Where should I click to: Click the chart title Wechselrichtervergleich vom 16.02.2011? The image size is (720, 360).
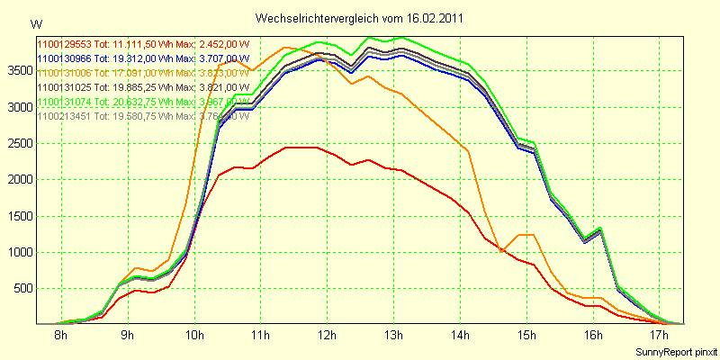(361, 18)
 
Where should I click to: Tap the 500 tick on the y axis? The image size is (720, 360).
(22, 288)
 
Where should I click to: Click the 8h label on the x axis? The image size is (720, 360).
(61, 336)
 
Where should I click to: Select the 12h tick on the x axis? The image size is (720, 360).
(327, 336)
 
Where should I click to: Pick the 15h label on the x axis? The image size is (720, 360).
(526, 336)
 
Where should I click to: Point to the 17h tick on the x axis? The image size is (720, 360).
(660, 336)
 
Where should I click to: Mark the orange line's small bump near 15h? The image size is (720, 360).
(526, 235)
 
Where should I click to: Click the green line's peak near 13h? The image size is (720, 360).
(400, 38)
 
